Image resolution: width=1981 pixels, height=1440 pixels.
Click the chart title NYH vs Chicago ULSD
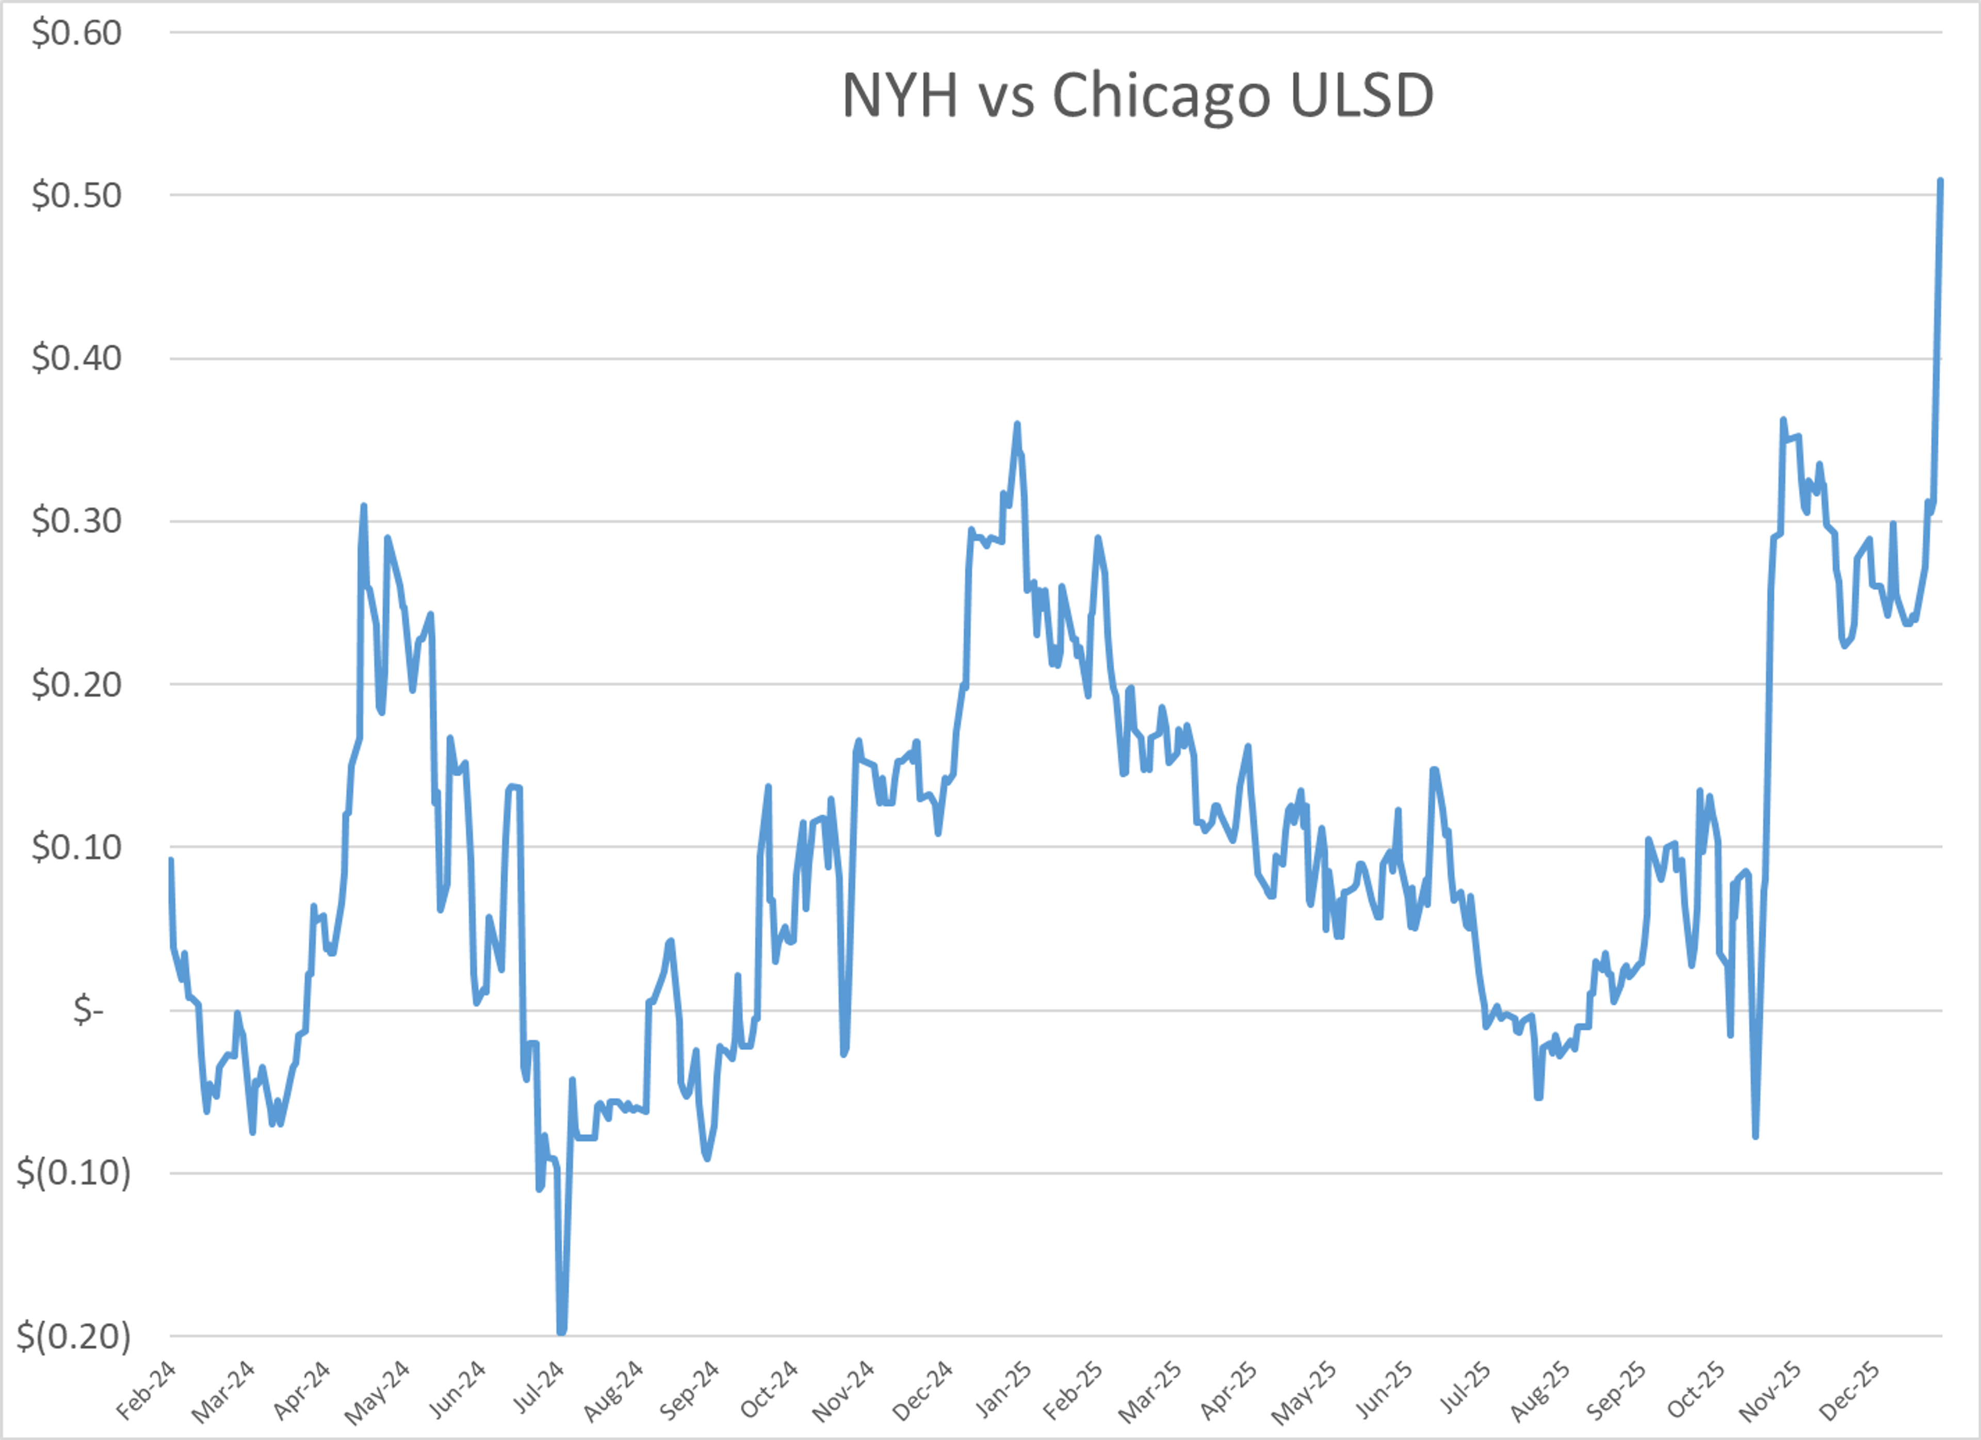(x=1137, y=94)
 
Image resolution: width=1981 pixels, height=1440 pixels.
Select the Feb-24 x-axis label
(x=147, y=1390)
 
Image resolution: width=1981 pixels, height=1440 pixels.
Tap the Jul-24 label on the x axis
(x=538, y=1390)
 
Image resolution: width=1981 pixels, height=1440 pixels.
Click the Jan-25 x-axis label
(x=1003, y=1390)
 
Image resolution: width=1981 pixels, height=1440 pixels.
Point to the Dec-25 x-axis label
(x=1850, y=1390)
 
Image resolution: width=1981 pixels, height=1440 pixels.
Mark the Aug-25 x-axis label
(x=1540, y=1390)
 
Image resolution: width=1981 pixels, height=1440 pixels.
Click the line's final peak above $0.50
(x=1940, y=181)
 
